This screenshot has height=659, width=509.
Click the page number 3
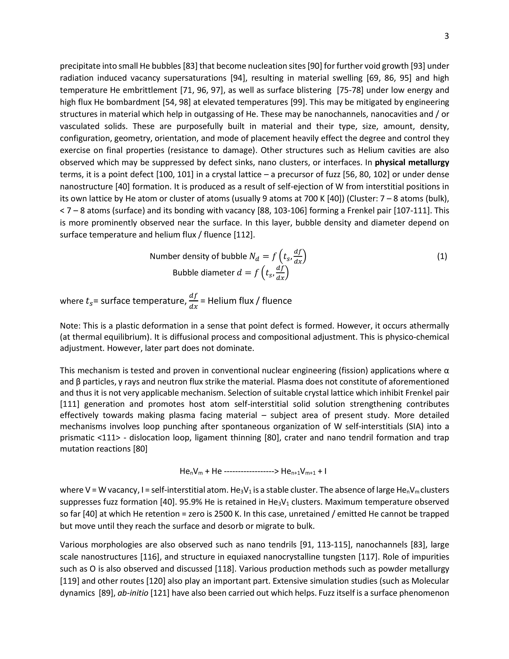coord(447,36)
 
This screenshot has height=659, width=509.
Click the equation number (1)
coord(442,256)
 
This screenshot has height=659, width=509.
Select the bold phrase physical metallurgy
coord(412,163)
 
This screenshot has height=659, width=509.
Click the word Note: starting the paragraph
coord(70,326)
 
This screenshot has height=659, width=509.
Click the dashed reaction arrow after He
coord(251,471)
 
